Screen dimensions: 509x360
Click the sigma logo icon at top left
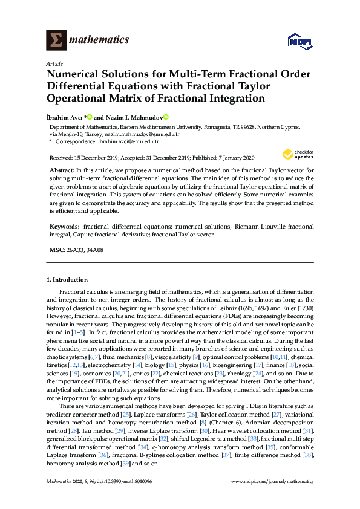click(x=56, y=40)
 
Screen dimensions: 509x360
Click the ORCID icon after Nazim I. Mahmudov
click(x=165, y=117)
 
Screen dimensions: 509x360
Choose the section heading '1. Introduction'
click(x=67, y=280)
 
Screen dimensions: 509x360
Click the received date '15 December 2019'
click(x=95, y=157)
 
